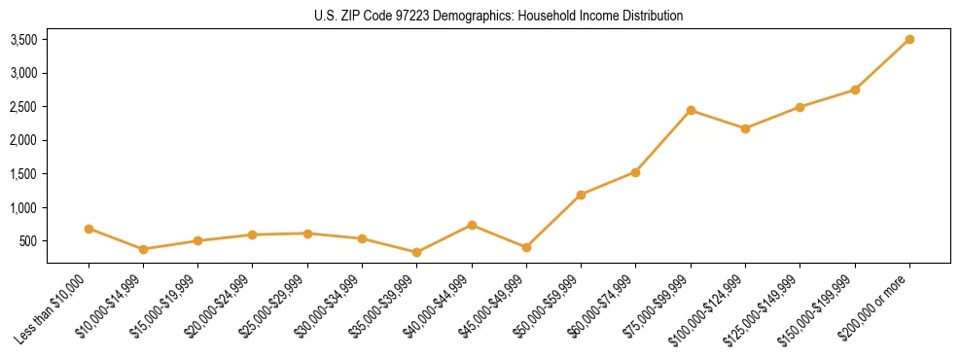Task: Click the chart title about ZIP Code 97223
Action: [499, 16]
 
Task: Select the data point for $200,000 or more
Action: [909, 39]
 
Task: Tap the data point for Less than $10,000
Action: [89, 229]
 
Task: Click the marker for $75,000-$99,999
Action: [691, 110]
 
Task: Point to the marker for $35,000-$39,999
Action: [417, 252]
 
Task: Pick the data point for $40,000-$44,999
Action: [472, 225]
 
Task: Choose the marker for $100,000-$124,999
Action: [745, 128]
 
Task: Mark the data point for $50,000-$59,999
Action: [581, 195]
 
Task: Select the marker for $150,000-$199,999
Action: [855, 90]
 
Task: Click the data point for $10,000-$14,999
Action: [144, 249]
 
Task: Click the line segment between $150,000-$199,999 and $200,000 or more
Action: [882, 64]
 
